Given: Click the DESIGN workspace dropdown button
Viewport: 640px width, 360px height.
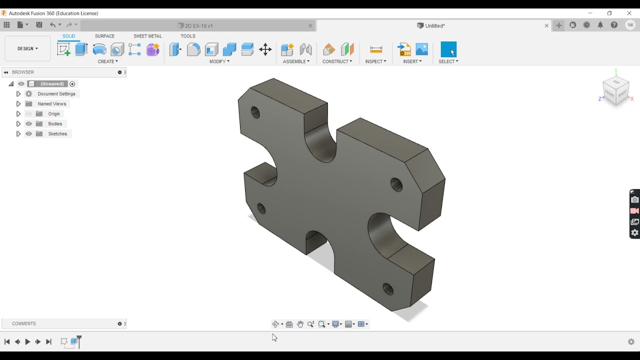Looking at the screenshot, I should [x=27, y=48].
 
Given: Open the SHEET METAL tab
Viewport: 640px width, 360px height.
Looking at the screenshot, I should [x=147, y=36].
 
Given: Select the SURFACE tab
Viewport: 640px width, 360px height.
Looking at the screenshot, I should [x=104, y=36].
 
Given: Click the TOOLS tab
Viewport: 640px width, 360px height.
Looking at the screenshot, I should [x=188, y=36].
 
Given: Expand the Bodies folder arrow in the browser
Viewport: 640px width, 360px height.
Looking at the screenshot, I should [x=18, y=124].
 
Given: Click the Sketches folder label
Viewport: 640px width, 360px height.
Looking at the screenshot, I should [x=57, y=134].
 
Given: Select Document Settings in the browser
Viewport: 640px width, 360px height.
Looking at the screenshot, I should [x=56, y=94].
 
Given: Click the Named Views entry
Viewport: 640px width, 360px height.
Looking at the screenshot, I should [x=52, y=104].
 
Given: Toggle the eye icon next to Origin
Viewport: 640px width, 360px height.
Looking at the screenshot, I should [x=29, y=114].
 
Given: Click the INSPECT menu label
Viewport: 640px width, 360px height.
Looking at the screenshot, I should [x=375, y=61].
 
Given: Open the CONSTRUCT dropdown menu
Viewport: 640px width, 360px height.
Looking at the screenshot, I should [x=337, y=61].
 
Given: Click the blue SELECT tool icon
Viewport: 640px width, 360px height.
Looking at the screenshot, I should [x=448, y=49].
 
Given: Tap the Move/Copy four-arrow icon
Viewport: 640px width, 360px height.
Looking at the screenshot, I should [x=265, y=49].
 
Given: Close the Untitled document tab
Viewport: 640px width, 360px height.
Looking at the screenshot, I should [x=546, y=25].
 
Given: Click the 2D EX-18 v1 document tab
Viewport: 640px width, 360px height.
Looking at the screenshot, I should [x=198, y=25].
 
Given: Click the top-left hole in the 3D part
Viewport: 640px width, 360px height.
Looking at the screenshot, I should [x=255, y=112].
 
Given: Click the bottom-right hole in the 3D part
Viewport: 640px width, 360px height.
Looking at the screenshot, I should [x=388, y=289].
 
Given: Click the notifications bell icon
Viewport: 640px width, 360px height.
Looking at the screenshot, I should [x=600, y=25].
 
